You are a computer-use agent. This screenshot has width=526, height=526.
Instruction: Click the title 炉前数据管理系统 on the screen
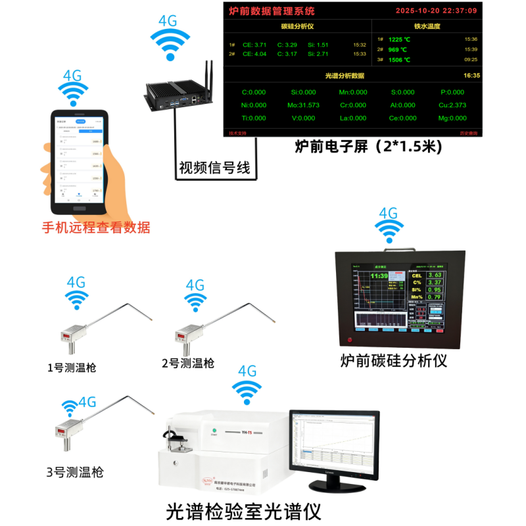coord(272,11)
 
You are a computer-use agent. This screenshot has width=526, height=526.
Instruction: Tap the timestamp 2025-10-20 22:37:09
coord(436,11)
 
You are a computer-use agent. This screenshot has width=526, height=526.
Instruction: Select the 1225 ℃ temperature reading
coord(400,39)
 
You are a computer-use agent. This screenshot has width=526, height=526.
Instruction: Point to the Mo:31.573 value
coord(303,105)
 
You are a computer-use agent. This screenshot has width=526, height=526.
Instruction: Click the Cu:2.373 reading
coord(452,105)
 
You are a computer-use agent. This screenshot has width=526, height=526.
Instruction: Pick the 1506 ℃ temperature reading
coord(400,60)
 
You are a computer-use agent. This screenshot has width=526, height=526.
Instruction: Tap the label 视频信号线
coord(215,168)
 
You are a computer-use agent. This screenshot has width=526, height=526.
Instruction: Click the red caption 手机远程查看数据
coord(96,228)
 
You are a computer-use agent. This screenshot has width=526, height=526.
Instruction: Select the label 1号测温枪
coord(72,368)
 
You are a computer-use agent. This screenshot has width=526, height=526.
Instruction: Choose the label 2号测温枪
coord(188,363)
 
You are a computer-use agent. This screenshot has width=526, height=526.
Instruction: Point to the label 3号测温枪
coord(74,472)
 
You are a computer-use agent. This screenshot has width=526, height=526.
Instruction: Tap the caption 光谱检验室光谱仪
coord(243,511)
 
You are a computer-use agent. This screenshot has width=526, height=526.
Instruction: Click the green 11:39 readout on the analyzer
coord(379,277)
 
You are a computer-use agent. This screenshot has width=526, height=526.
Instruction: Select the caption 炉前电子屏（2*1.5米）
coord(369,147)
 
